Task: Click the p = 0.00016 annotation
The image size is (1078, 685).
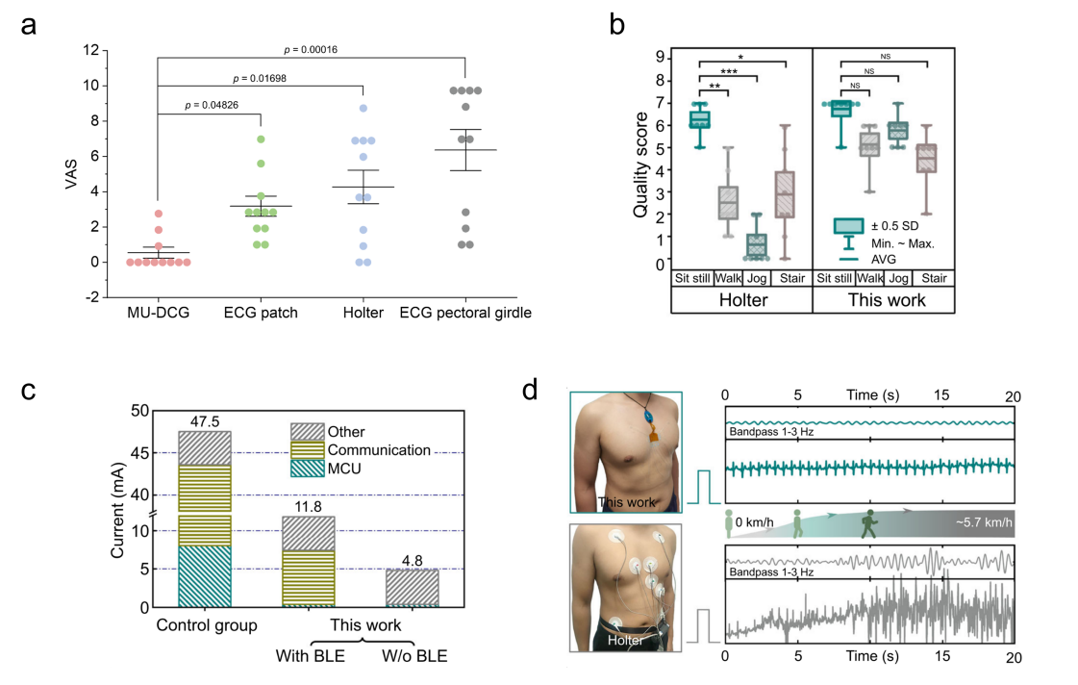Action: tap(311, 50)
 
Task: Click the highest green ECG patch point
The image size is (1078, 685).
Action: tap(261, 140)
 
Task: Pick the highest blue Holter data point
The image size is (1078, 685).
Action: tap(364, 109)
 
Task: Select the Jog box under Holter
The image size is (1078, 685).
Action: tap(759, 245)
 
